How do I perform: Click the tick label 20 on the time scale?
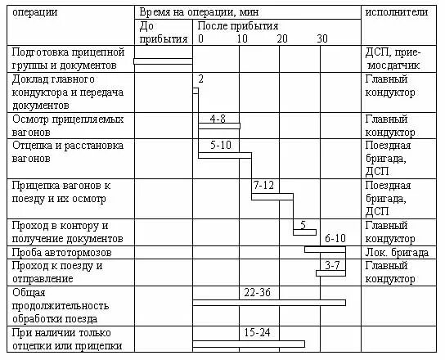(281, 38)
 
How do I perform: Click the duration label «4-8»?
(218, 119)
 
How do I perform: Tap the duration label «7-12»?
(263, 186)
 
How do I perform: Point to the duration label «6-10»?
(336, 238)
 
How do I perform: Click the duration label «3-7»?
(332, 265)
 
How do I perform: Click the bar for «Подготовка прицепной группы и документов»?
(163, 61)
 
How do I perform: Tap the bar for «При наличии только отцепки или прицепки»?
(249, 344)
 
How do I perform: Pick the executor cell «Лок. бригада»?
(397, 253)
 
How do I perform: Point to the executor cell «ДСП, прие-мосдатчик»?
(393, 59)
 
